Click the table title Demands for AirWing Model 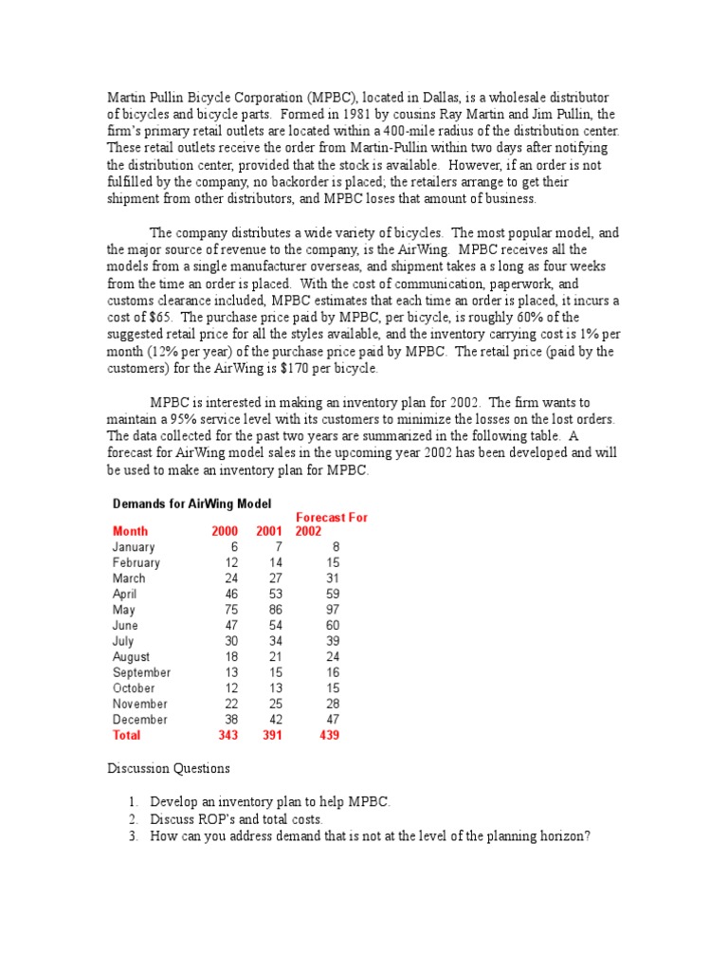(x=191, y=502)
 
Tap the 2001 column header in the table (x=270, y=532)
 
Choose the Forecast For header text (x=332, y=518)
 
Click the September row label (x=140, y=672)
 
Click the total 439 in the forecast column (x=328, y=735)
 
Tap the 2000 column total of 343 (x=227, y=735)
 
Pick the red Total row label (x=126, y=735)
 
